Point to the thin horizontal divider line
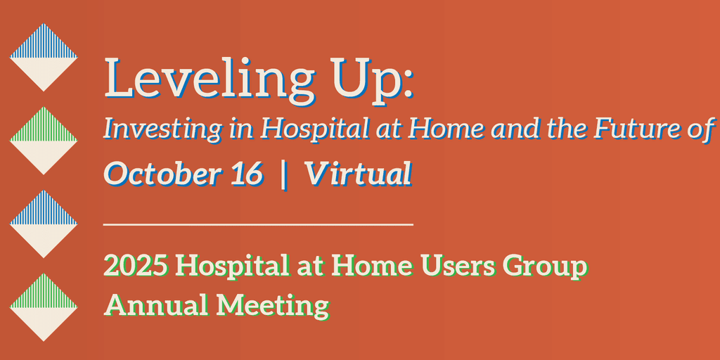click(x=259, y=224)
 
